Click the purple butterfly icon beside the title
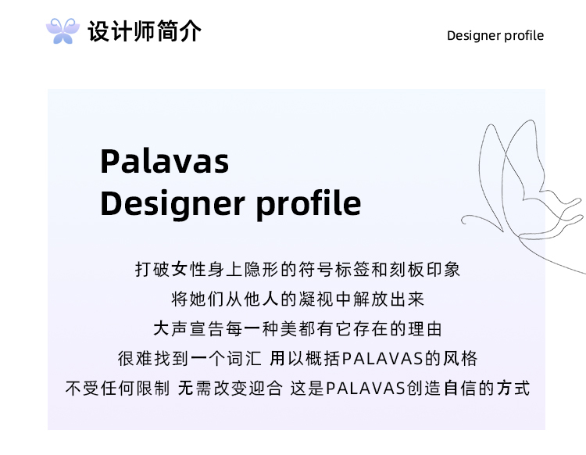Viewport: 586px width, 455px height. click(63, 31)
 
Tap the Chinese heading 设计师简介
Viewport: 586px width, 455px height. click(145, 31)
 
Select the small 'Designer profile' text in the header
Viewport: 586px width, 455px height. click(495, 35)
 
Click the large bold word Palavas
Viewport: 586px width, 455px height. click(164, 162)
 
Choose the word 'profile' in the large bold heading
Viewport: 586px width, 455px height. click(309, 204)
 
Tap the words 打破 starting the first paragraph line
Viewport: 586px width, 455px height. click(152, 269)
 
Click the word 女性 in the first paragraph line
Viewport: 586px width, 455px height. click(189, 269)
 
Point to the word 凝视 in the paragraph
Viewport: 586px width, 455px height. click(316, 299)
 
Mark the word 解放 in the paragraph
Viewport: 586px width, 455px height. click(370, 299)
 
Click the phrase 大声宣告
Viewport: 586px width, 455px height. click(189, 329)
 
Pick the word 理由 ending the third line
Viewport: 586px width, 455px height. click(425, 329)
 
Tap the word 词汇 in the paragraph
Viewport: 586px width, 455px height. click(244, 359)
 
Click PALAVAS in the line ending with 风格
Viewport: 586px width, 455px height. click(382, 359)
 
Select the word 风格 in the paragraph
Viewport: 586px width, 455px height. click(460, 359)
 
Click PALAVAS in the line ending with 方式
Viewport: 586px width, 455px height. click(366, 389)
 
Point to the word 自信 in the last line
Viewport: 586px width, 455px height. click(461, 388)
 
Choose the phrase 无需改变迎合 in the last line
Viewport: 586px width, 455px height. click(230, 388)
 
